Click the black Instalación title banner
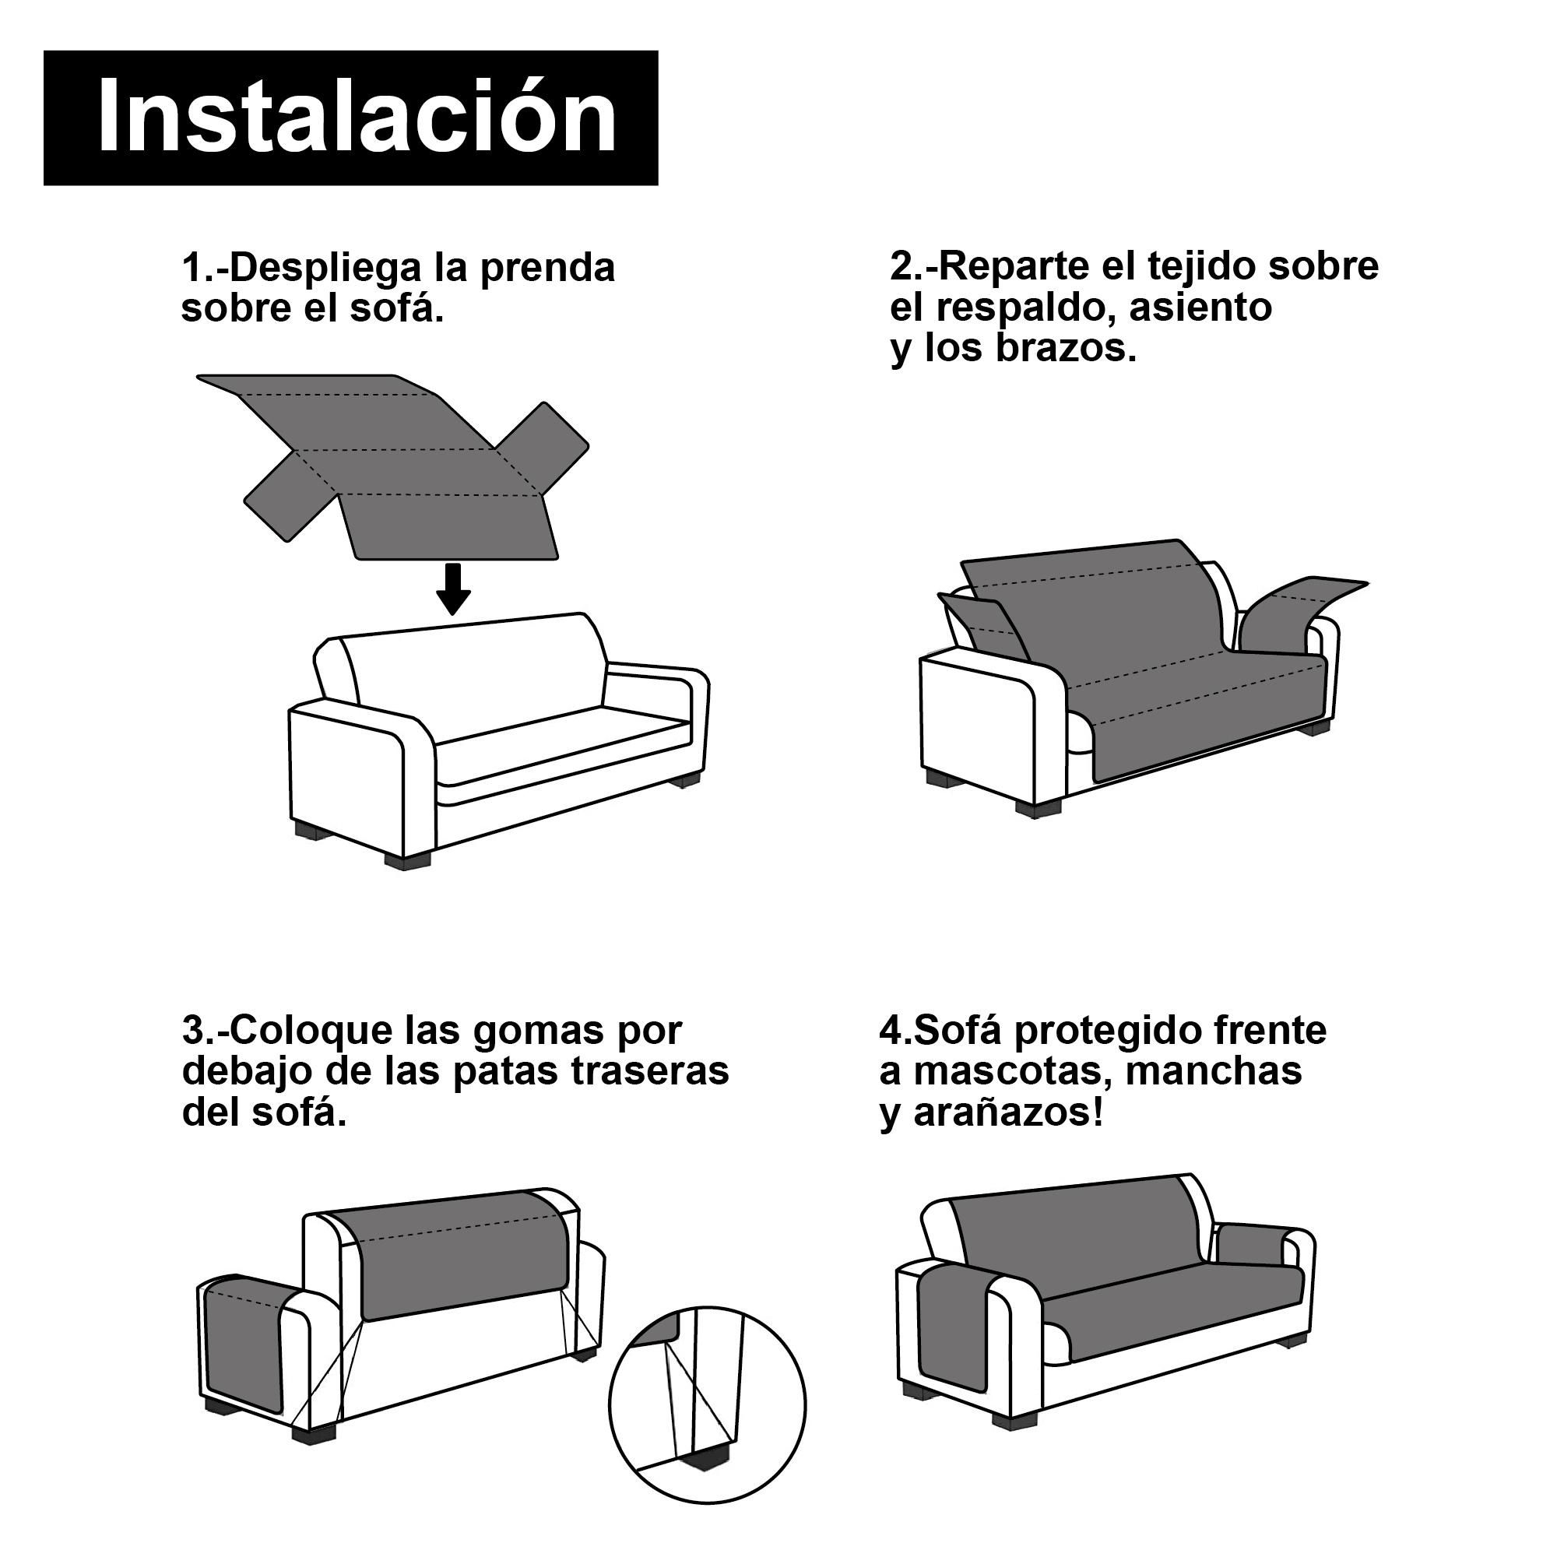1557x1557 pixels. [350, 118]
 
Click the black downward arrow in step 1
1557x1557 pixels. [454, 589]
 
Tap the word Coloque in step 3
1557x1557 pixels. [314, 1031]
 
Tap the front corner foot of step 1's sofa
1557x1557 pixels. [408, 861]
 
